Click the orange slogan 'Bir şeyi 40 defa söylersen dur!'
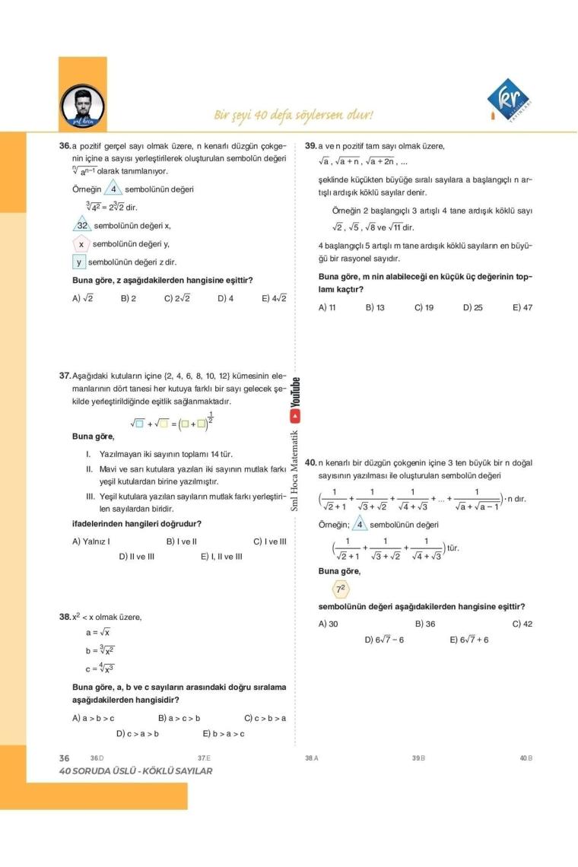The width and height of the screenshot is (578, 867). [x=294, y=116]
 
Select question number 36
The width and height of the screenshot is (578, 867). [x=65, y=145]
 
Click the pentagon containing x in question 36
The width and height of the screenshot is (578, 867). [x=81, y=244]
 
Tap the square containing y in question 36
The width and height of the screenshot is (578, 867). [x=78, y=262]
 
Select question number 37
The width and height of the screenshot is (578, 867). [x=65, y=376]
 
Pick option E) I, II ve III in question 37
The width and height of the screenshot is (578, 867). [x=221, y=556]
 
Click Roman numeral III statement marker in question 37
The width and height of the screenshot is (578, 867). [x=90, y=496]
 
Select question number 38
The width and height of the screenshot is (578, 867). [x=65, y=617]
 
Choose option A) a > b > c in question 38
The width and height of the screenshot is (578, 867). [x=94, y=717]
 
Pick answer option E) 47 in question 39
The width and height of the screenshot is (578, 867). [x=522, y=308]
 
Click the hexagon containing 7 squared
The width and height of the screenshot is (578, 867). [x=341, y=589]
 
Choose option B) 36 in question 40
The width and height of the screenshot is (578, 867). [x=425, y=624]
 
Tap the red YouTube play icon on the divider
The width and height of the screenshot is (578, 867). [x=296, y=416]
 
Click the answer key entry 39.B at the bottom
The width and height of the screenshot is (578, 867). [x=418, y=758]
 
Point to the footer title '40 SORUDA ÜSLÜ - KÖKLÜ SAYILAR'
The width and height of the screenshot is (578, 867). [x=136, y=771]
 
